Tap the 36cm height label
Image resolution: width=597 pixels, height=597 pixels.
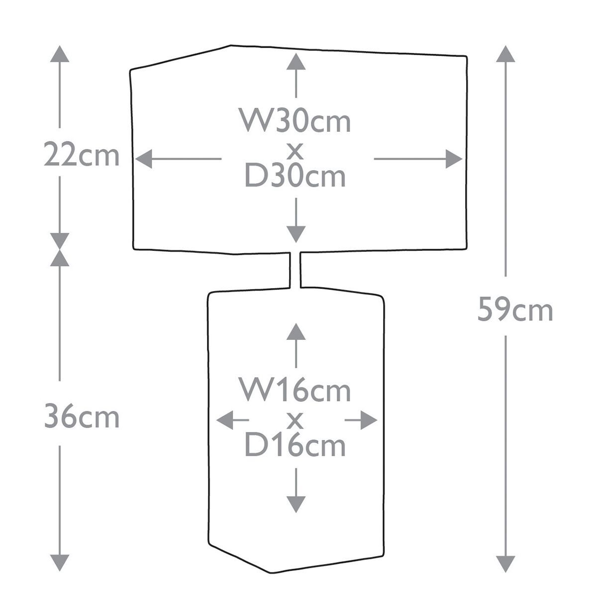click(82, 416)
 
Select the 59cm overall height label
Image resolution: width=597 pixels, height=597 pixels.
click(515, 309)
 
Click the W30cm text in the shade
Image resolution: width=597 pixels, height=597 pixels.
click(295, 120)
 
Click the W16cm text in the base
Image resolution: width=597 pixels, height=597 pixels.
click(295, 390)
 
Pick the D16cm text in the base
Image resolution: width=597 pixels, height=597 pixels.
click(295, 445)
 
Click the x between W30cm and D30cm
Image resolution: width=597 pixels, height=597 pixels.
click(295, 151)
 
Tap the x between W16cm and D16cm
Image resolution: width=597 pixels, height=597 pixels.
click(295, 421)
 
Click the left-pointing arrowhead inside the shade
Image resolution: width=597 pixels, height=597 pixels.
click(144, 159)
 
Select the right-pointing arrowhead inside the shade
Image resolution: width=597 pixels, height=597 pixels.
click(454, 159)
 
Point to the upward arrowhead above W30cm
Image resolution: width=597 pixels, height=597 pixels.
click(296, 61)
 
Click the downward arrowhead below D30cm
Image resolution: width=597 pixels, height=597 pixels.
click(296, 234)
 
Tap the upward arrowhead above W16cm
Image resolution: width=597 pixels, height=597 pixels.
click(296, 331)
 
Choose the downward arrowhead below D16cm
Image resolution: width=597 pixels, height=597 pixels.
click(296, 504)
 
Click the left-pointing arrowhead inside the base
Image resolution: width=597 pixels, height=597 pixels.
click(224, 420)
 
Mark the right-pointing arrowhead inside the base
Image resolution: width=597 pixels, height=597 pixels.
click(369, 420)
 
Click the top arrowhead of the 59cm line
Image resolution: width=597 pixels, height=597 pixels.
click(505, 54)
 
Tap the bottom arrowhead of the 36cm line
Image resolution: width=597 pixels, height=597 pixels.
click(60, 563)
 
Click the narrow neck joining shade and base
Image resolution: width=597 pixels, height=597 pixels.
click(295, 270)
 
